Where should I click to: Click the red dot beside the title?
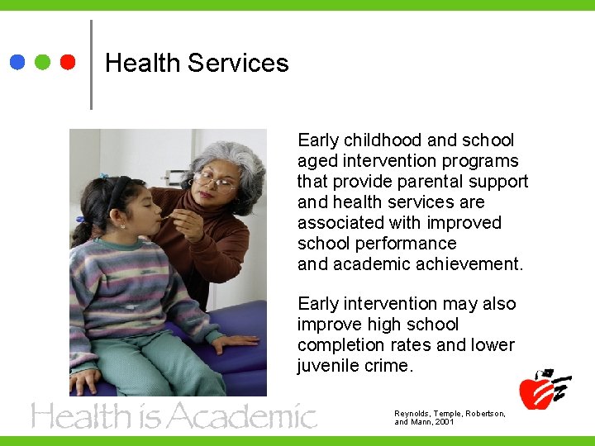[x=68, y=62]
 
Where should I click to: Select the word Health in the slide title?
[x=143, y=63]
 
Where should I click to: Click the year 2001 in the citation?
[x=444, y=422]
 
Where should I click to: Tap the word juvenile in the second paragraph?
[x=328, y=366]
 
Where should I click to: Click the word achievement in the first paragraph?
[x=470, y=264]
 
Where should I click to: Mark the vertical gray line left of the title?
[x=90, y=64]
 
